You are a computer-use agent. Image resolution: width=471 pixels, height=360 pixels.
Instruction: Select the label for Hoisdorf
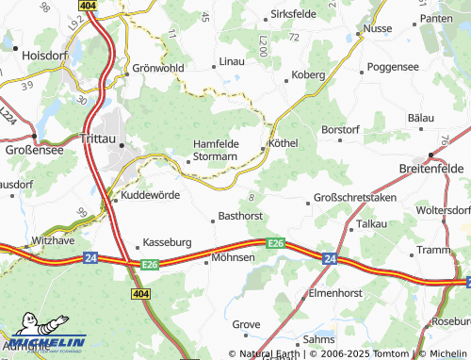point(45,56)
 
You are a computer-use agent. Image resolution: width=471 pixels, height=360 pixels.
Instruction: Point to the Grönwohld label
point(157,69)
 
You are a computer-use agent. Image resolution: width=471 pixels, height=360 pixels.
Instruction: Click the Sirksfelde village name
point(295,16)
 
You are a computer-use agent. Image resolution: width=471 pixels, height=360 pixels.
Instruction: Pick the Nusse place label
point(377,29)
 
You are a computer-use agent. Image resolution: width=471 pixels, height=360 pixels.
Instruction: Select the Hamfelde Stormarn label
point(215,150)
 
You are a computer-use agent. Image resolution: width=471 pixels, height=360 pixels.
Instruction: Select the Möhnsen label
point(234,256)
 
